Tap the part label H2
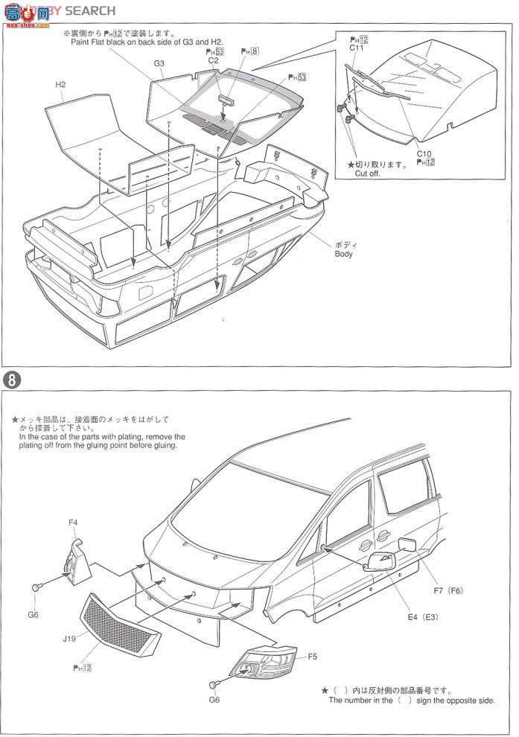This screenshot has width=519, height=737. (x=61, y=85)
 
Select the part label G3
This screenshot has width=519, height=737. (x=159, y=64)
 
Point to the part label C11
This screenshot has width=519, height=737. (x=357, y=47)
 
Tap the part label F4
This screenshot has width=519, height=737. (x=73, y=523)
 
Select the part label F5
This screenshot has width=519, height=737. (x=312, y=657)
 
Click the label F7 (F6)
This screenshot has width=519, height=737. (x=448, y=591)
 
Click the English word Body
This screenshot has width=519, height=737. (x=343, y=254)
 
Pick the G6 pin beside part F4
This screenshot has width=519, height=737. (x=36, y=588)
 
